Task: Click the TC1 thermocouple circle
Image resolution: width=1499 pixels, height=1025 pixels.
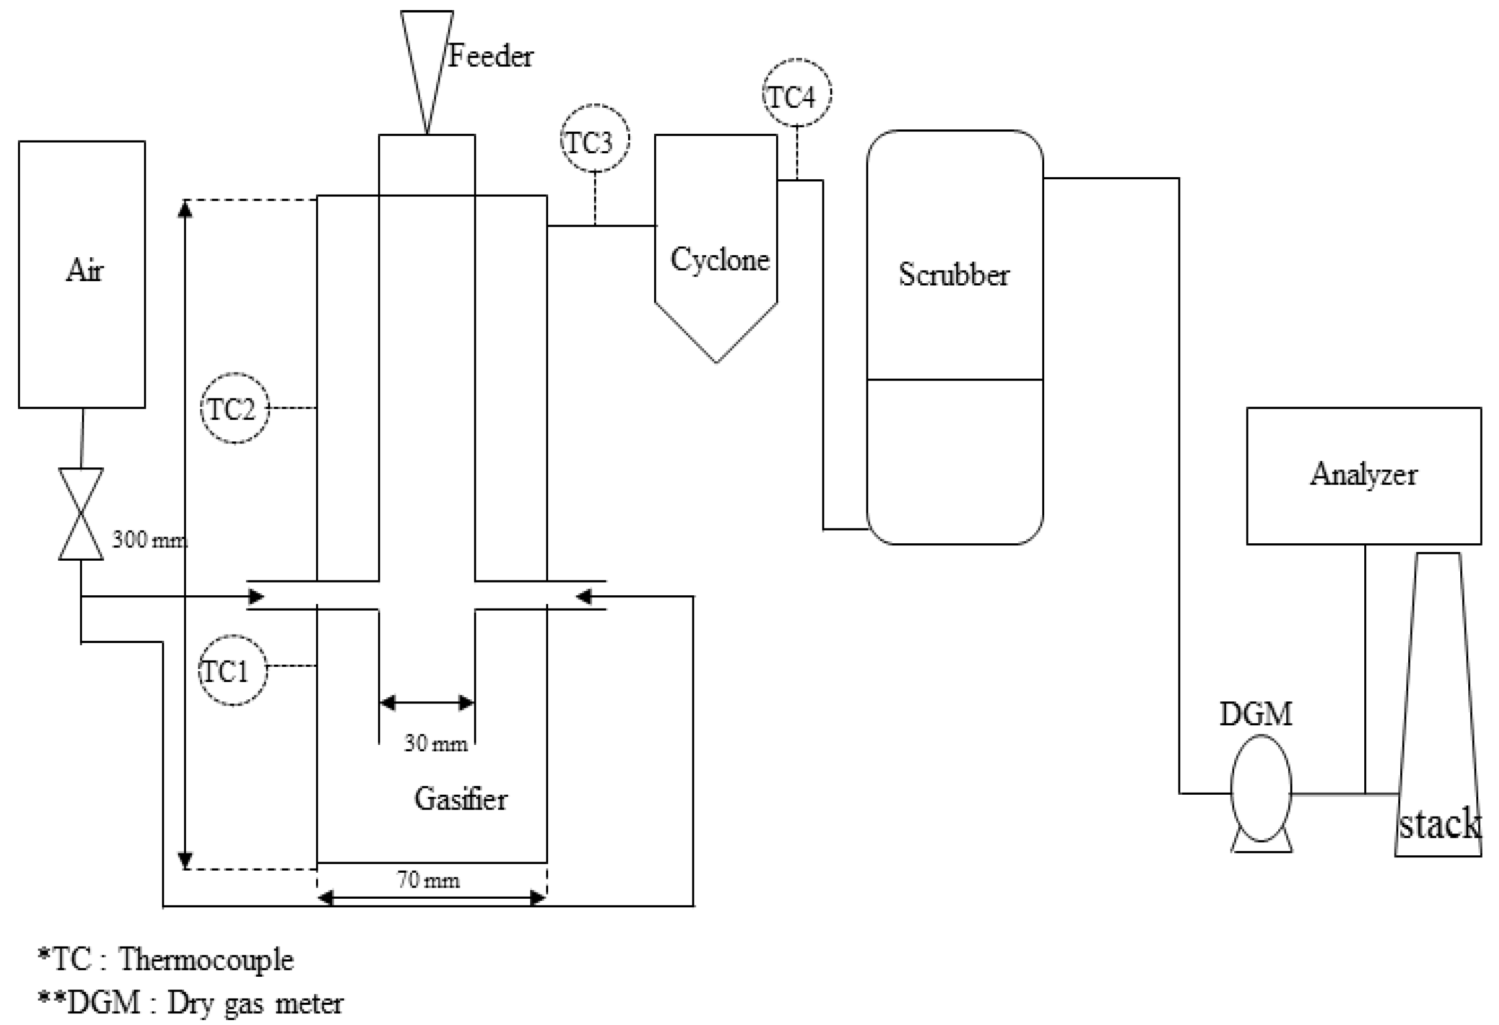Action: [x=232, y=672]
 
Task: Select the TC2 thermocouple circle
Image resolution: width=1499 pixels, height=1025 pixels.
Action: [x=235, y=407]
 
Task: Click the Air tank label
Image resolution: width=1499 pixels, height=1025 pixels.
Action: [x=84, y=270]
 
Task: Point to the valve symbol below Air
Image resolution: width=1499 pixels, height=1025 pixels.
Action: [x=81, y=514]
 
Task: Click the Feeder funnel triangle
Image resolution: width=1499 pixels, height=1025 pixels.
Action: [x=426, y=58]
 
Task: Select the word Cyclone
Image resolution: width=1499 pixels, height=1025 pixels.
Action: [x=719, y=260]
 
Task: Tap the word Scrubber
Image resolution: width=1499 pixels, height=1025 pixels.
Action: [x=954, y=275]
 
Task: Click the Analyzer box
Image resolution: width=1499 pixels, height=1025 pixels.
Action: [x=1363, y=475]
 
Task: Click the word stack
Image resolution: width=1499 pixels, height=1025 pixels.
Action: [x=1440, y=824]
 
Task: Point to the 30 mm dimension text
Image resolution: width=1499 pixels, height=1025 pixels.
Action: [x=436, y=744]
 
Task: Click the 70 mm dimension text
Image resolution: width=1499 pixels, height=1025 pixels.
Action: [x=428, y=880]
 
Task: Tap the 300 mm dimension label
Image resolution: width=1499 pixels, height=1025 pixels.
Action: [x=150, y=539]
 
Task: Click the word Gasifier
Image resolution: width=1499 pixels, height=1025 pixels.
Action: [x=461, y=798]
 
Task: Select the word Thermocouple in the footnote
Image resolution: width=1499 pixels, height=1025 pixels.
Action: [x=206, y=959]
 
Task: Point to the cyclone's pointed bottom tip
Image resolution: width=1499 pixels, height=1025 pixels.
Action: [x=716, y=361]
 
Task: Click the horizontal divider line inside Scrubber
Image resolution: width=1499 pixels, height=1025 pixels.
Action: [x=954, y=379]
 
